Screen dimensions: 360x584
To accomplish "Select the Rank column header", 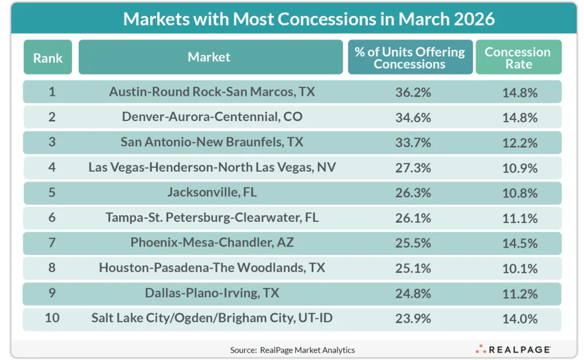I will (48, 57).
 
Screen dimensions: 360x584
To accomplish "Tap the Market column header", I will (209, 57).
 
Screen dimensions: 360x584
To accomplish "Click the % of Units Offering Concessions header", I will (409, 58).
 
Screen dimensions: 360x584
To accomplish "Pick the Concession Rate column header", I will (518, 58).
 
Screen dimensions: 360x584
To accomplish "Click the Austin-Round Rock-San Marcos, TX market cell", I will (212, 92).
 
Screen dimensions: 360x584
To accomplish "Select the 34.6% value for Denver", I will (413, 118).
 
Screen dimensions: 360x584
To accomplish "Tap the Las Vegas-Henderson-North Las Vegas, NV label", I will (212, 168).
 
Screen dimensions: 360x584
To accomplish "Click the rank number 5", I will (52, 193).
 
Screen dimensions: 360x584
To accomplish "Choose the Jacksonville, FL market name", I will (212, 193).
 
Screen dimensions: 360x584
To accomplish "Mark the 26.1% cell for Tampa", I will (413, 218).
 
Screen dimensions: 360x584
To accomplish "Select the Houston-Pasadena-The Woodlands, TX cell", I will (212, 268).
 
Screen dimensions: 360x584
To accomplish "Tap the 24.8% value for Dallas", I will (413, 293).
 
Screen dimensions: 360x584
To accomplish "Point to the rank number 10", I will (52, 318).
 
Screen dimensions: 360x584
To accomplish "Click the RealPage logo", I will (513, 349).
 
